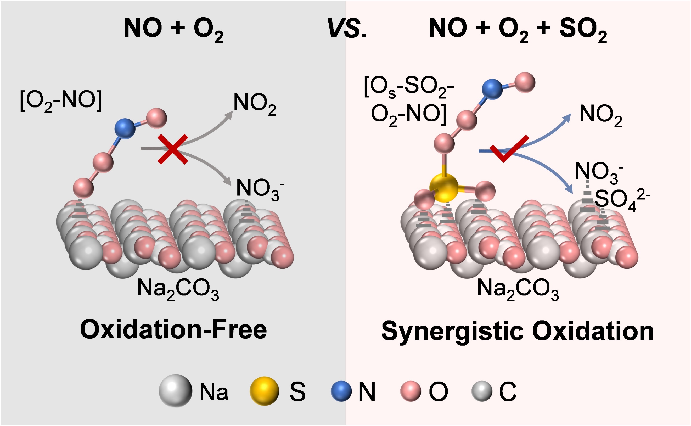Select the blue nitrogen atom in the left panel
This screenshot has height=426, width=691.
[125, 128]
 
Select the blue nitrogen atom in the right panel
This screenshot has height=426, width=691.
[492, 89]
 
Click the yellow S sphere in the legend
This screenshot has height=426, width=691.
[264, 391]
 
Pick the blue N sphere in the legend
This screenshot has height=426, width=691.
[341, 391]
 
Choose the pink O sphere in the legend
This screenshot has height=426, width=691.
[411, 391]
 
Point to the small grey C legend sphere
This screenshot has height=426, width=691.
[482, 391]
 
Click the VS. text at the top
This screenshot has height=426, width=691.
[347, 29]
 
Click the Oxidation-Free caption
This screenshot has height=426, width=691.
[173, 330]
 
